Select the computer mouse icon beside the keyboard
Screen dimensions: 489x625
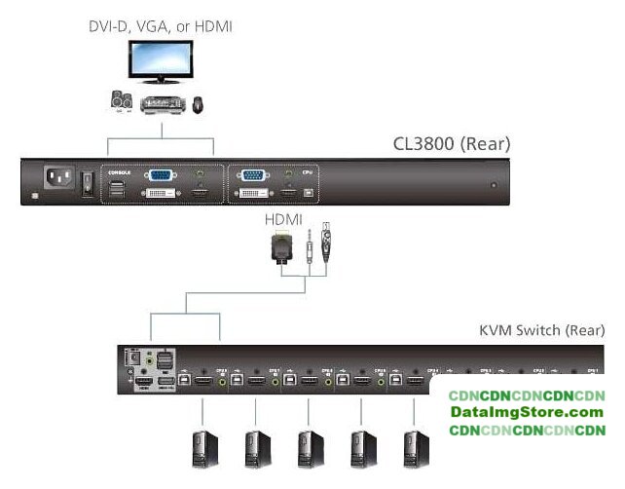tap(198, 102)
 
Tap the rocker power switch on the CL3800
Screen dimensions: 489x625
tap(86, 181)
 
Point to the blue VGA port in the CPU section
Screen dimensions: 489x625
tap(253, 176)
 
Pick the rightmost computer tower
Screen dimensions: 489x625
tap(418, 448)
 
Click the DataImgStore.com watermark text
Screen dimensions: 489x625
tap(527, 413)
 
